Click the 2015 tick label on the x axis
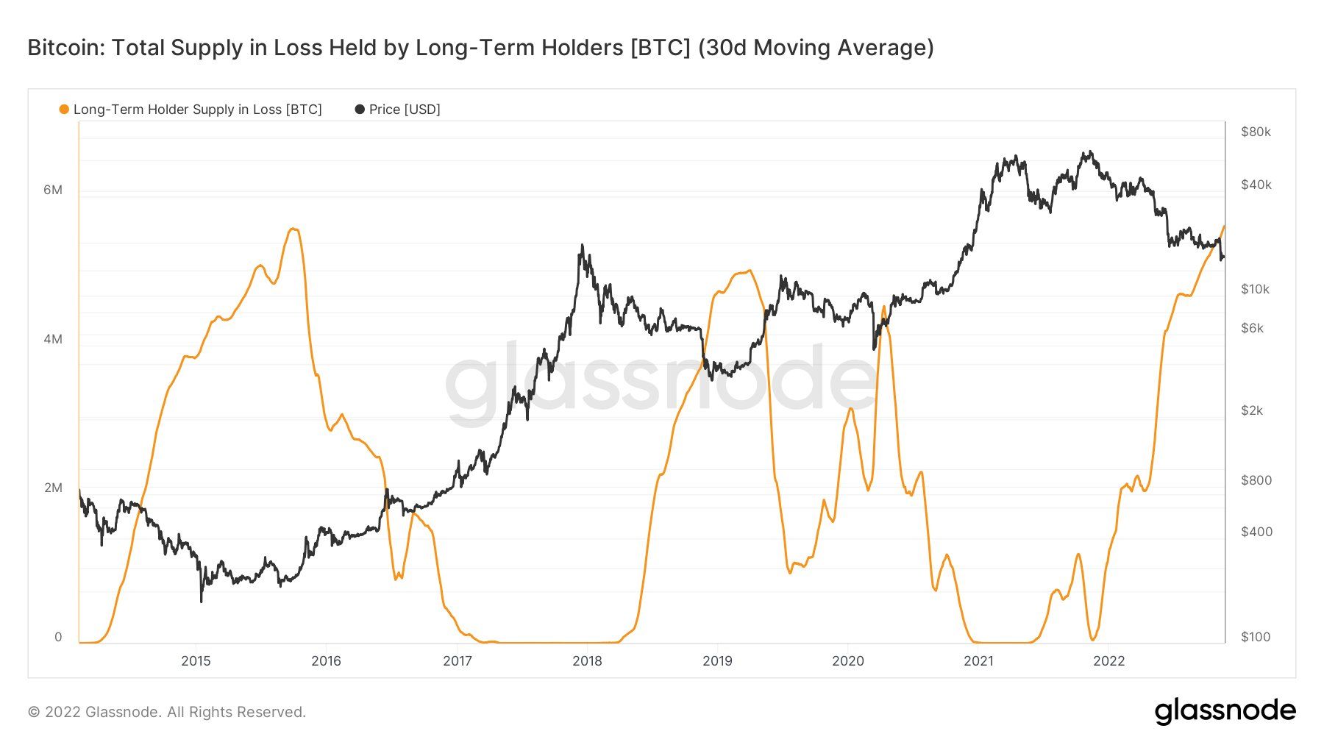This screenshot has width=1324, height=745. (196, 660)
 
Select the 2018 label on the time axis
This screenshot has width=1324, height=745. (587, 660)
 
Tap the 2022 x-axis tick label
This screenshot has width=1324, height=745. (1108, 660)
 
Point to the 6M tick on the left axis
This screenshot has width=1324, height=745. (53, 190)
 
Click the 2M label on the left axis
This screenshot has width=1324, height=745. (53, 488)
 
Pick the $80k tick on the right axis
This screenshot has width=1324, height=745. (1256, 132)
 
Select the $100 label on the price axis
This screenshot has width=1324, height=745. (1256, 637)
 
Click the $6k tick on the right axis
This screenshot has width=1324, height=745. (1252, 328)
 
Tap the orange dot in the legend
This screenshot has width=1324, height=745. (64, 110)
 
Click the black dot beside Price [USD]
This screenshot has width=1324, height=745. (360, 110)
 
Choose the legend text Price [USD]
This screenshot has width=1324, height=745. (405, 110)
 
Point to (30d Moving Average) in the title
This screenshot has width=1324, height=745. (816, 48)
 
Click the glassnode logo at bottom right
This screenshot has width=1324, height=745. (1225, 711)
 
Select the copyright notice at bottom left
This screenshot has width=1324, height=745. (167, 712)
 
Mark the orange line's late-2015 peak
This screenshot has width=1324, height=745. (293, 229)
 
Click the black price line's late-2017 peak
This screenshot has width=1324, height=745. (582, 246)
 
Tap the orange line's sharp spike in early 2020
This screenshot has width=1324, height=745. (883, 306)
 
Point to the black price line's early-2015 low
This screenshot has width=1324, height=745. (201, 602)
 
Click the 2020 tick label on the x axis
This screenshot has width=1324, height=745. (848, 660)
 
